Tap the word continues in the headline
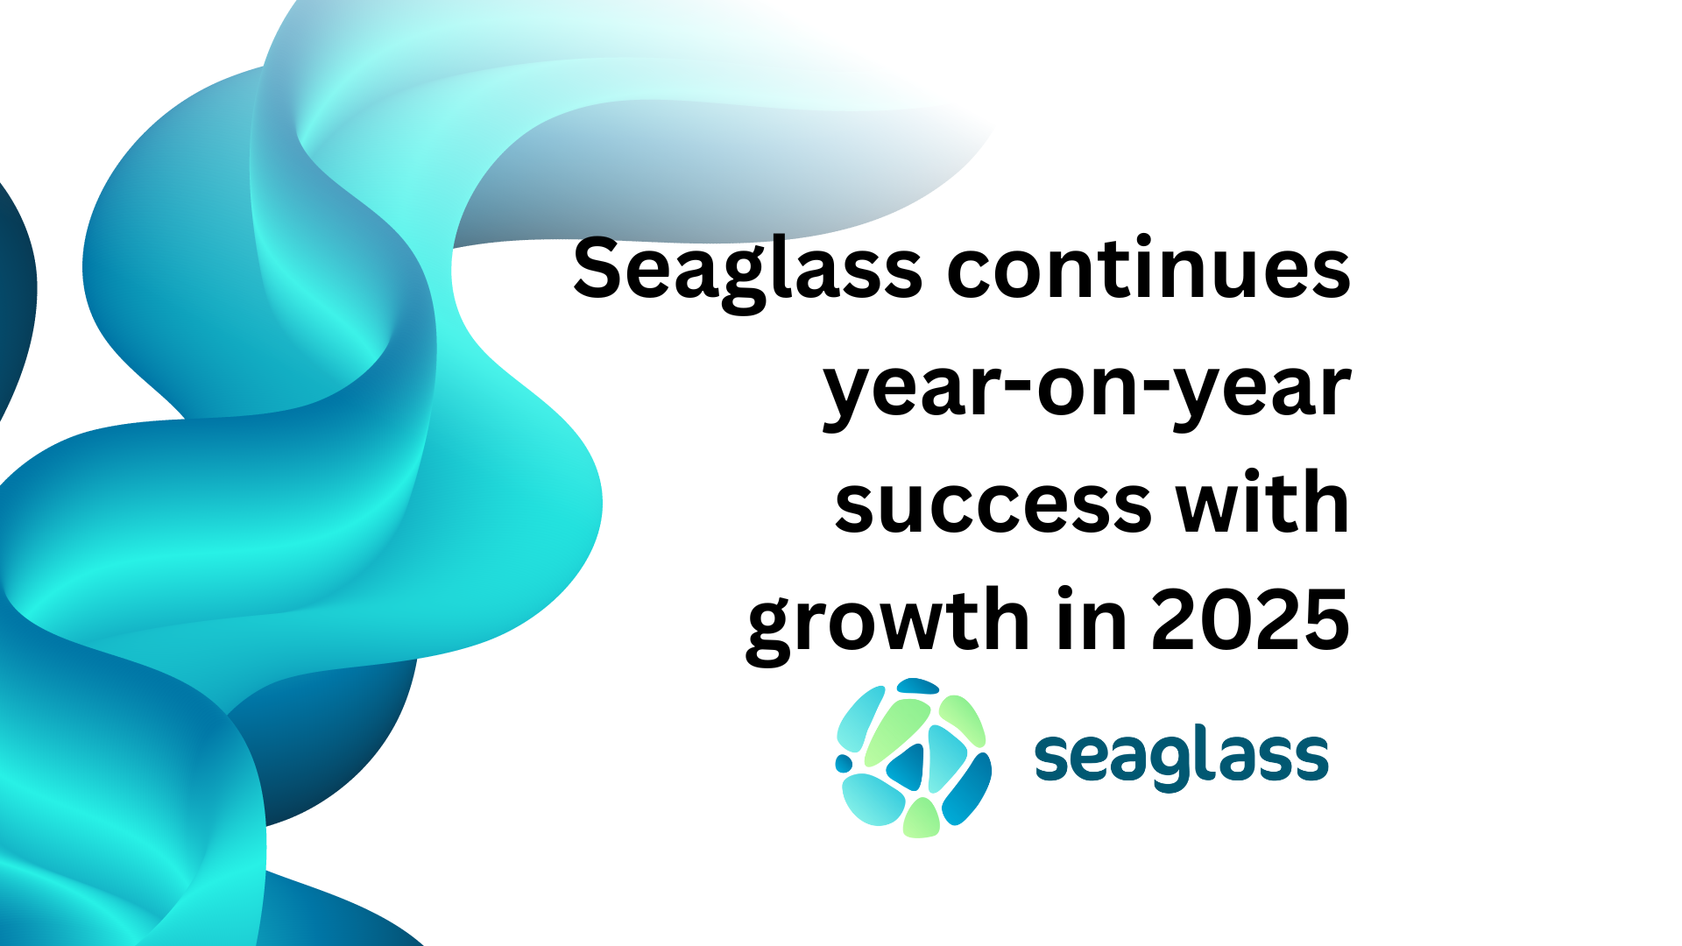(1148, 267)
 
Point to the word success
(993, 506)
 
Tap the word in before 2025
(1092, 618)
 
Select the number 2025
(1250, 620)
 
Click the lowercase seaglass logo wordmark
(1181, 759)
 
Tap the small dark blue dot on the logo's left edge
(844, 764)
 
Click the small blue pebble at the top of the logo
(917, 686)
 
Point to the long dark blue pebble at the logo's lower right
(967, 790)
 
